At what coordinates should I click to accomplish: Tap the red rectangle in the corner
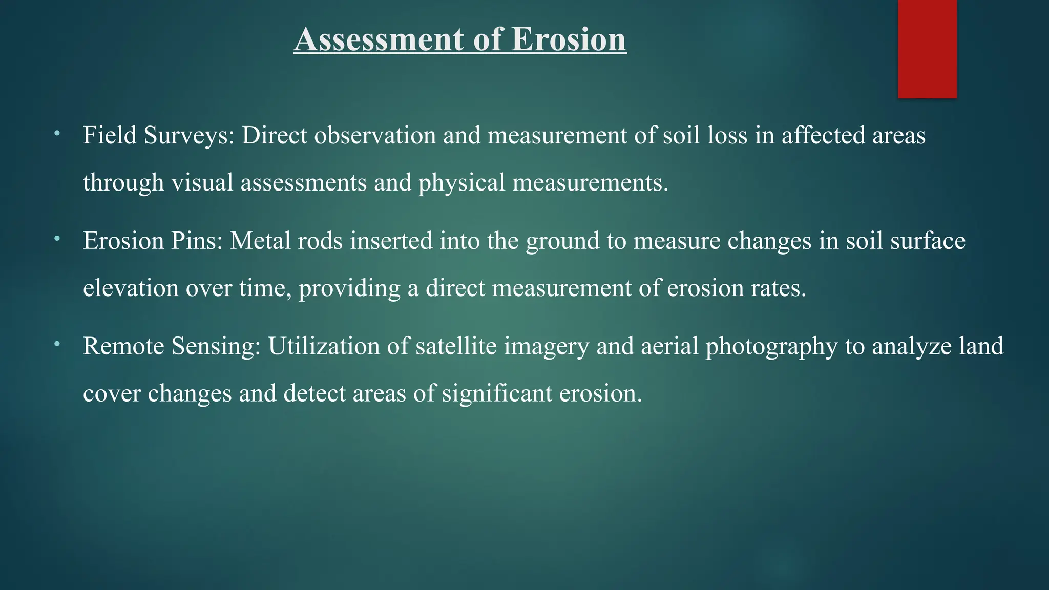927,49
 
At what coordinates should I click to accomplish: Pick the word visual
202,183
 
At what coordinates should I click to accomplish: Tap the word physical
461,183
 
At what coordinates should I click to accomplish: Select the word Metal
260,241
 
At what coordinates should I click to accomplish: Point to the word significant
497,394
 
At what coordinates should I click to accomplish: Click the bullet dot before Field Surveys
57,134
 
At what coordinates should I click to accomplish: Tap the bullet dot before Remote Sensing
57,344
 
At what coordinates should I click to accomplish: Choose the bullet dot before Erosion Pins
57,239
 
